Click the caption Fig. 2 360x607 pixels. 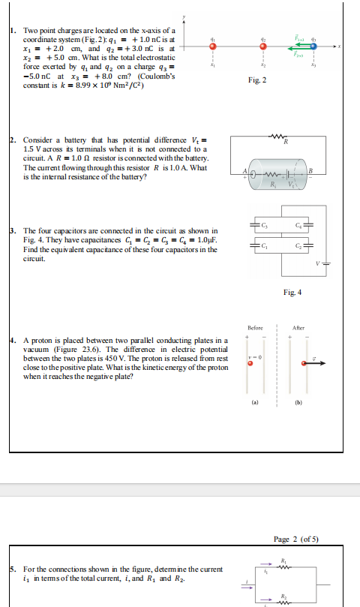click(256, 79)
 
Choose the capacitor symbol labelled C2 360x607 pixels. click(310, 245)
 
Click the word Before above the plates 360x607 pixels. click(254, 328)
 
